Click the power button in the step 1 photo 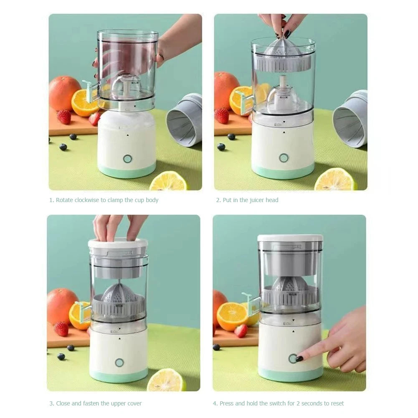tap(127, 159)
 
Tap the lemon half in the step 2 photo tap(335, 180)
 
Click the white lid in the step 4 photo tap(290, 238)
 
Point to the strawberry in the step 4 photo tap(241, 331)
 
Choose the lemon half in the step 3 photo tap(167, 380)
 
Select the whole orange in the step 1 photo tap(64, 93)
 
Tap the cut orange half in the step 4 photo tap(232, 317)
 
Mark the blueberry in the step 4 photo tap(216, 347)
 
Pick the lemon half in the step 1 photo tap(169, 181)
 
